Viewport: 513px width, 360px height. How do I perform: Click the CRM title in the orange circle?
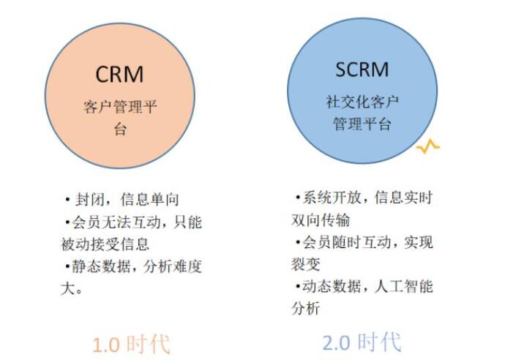coord(119,75)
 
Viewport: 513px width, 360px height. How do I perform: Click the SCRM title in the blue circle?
coord(362,70)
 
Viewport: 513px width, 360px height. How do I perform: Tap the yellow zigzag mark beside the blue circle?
coord(427,146)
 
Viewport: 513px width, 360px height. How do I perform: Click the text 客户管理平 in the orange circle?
coord(120,108)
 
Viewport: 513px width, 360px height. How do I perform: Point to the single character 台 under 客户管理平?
coord(120,130)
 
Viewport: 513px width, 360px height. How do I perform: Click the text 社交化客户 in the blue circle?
coord(362,101)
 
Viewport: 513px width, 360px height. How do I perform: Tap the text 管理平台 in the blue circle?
coord(362,123)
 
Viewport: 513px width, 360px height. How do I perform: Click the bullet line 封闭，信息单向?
coord(121,199)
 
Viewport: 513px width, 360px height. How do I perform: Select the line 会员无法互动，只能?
coord(132,221)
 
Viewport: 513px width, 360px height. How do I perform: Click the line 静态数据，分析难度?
coord(132,266)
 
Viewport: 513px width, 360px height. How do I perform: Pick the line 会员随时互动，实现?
coord(364,242)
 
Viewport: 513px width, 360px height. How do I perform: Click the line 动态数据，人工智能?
coord(364,286)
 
